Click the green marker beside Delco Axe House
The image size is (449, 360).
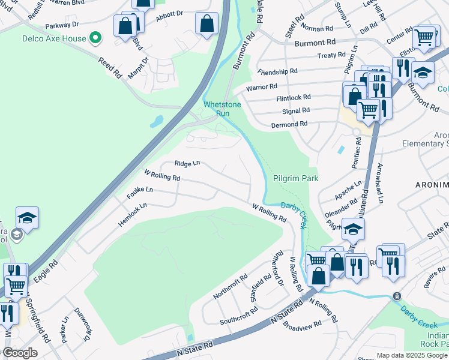95,39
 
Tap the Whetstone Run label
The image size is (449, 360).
222,109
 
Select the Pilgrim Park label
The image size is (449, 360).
295,179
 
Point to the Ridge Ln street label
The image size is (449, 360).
187,163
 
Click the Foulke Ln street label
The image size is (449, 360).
140,192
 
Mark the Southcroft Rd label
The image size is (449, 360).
238,316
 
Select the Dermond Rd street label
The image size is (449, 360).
289,124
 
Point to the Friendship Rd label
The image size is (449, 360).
277,71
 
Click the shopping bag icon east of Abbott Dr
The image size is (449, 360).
206,24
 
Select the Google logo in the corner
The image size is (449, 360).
19,353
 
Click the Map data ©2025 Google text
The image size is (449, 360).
411,355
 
